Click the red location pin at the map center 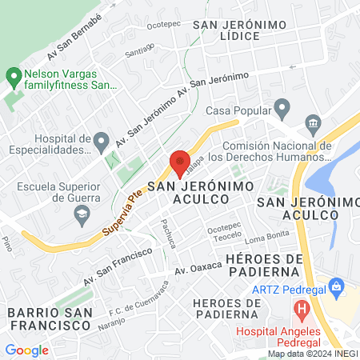[180, 164]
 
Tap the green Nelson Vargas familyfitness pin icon [14, 78]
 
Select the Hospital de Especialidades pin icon [101, 142]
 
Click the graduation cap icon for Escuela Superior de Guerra [81, 213]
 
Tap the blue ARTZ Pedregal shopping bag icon [337, 285]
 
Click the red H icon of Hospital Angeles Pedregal [302, 309]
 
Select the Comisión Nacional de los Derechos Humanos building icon [312, 122]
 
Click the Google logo [26, 350]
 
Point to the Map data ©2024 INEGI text [311, 354]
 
